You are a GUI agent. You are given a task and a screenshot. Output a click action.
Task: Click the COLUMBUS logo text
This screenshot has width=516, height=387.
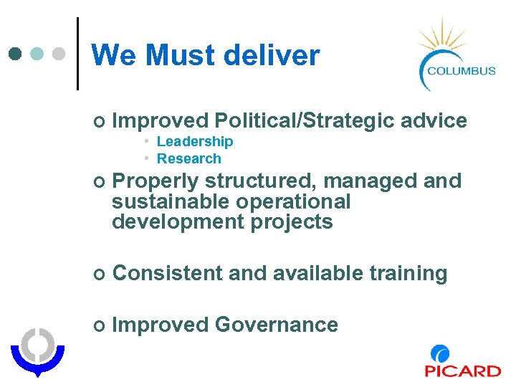[461, 70]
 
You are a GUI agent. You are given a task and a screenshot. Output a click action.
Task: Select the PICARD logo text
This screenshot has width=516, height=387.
[462, 371]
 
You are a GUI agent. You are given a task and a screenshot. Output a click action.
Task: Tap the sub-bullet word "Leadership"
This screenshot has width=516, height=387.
[195, 142]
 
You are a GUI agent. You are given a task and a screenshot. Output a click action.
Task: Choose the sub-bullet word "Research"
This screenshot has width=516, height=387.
[189, 158]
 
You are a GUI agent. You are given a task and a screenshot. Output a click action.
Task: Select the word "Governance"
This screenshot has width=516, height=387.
[277, 325]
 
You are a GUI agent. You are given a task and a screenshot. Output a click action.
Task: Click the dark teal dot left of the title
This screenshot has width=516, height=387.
[16, 54]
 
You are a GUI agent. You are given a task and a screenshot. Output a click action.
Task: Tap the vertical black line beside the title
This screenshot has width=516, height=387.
[77, 54]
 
